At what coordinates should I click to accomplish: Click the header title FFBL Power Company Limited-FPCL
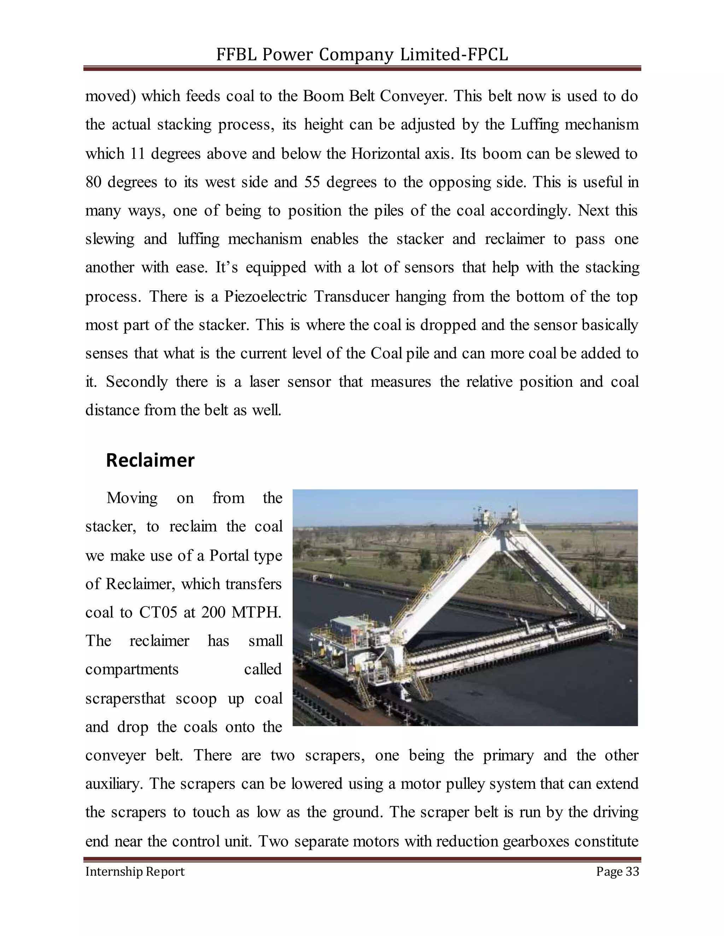pyautogui.click(x=362, y=54)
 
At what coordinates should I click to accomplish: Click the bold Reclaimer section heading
pyautogui.click(x=150, y=460)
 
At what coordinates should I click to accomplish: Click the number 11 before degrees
pyautogui.click(x=137, y=153)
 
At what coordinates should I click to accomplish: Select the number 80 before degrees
pyautogui.click(x=93, y=182)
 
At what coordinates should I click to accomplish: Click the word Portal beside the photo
pyautogui.click(x=230, y=556)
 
